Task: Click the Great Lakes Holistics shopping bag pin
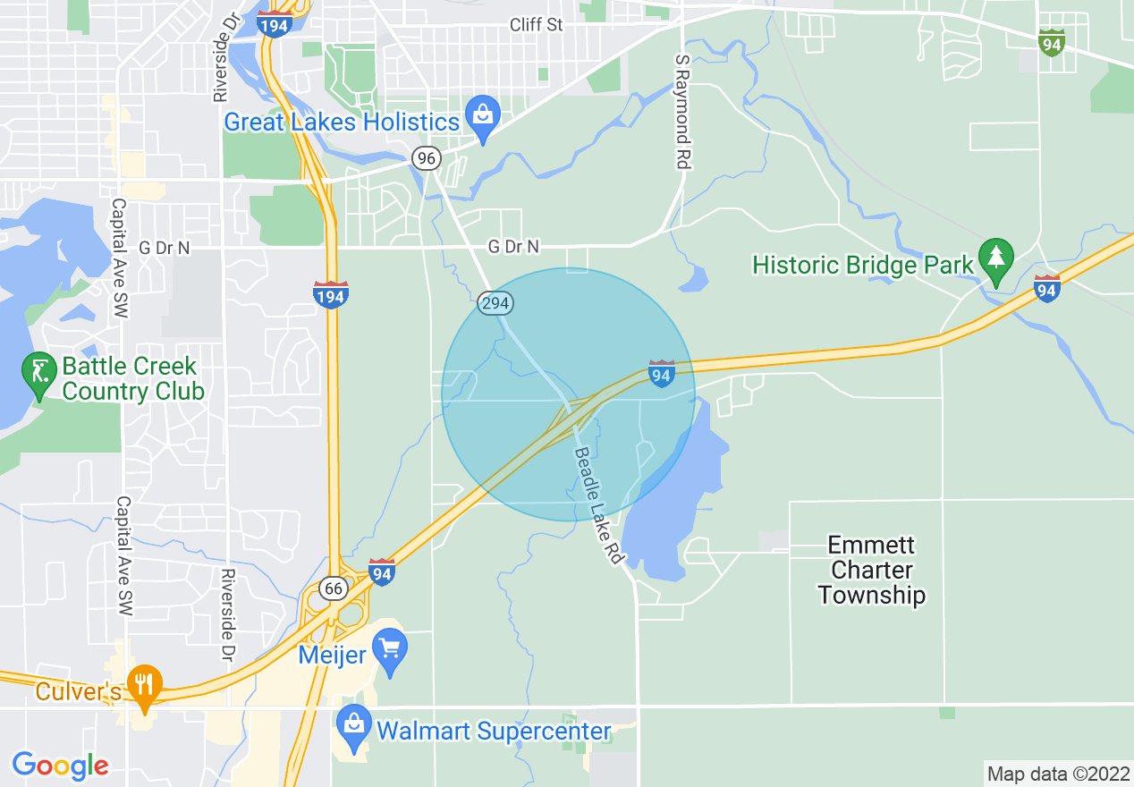pos(484,118)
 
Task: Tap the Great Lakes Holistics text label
pos(341,123)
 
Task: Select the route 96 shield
pos(427,159)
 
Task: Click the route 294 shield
pos(495,303)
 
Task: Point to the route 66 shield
pos(334,588)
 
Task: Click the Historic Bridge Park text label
pos(862,266)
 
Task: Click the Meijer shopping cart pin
pos(390,648)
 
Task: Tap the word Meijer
pos(332,656)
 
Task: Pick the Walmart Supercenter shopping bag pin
pos(354,725)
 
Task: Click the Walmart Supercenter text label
pos(494,732)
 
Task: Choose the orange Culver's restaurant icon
pos(143,686)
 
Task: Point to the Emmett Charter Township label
pos(871,570)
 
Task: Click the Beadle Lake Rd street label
pos(597,505)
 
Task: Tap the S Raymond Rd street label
pos(683,111)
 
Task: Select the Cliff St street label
pos(536,25)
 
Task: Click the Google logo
pos(60,766)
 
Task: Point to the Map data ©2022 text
pos(1057,774)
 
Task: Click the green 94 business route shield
pos(1051,42)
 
